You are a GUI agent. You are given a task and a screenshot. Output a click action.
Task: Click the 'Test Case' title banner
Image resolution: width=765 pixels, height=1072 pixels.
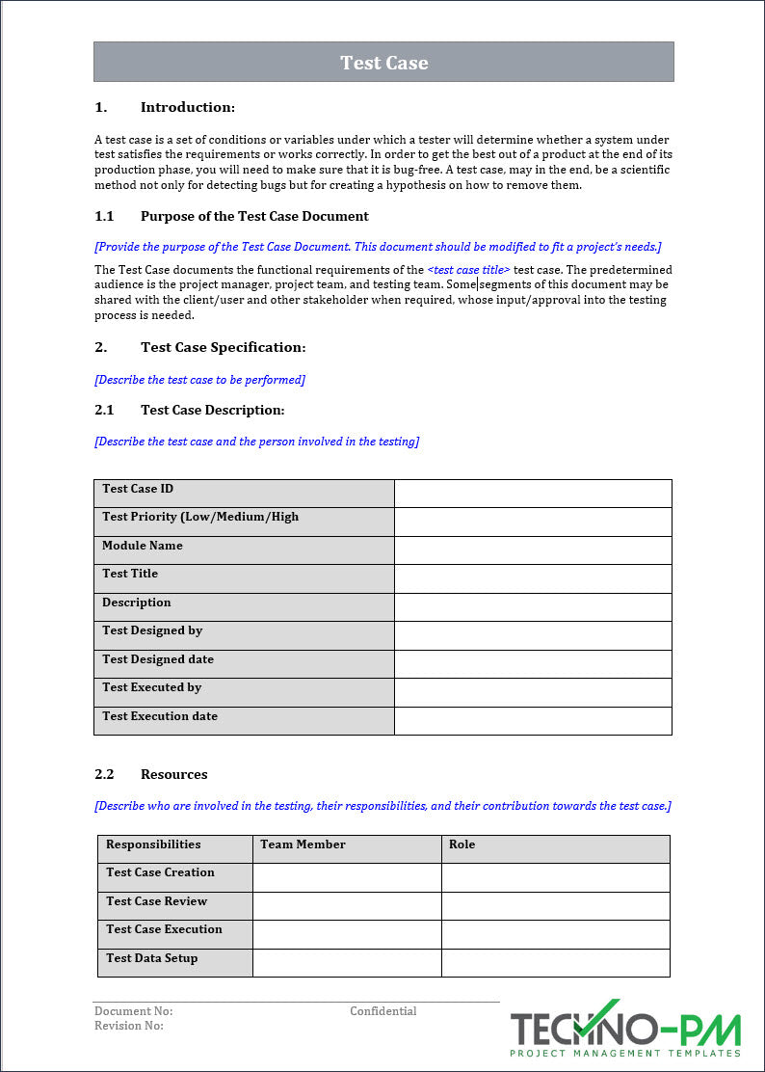tap(383, 63)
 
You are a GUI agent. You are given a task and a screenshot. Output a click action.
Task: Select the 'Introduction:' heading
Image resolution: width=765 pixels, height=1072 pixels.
tap(187, 107)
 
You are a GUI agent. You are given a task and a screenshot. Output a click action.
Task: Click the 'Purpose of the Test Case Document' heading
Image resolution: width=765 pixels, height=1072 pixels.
tap(254, 216)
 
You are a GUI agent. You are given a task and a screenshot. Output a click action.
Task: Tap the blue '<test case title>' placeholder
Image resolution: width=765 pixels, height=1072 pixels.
tap(468, 270)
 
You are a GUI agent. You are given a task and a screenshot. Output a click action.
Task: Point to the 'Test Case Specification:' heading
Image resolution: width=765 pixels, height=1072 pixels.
tap(223, 347)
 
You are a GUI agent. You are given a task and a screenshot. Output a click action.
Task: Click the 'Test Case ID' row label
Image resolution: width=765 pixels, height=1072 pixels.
tap(138, 489)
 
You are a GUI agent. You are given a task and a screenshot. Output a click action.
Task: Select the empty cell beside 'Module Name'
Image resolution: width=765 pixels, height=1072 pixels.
tap(533, 550)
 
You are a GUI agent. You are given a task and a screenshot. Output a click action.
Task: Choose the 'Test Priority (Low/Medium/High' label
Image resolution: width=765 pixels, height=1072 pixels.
tap(200, 517)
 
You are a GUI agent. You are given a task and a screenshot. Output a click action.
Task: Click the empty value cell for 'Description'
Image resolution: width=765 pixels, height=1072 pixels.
tap(533, 607)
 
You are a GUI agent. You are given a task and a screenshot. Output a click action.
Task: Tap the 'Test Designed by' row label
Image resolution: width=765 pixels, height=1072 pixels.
tap(152, 630)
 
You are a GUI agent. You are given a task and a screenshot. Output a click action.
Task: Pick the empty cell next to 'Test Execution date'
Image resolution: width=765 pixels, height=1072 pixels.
tap(533, 721)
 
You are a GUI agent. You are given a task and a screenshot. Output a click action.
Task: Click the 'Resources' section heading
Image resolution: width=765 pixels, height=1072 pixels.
tap(173, 774)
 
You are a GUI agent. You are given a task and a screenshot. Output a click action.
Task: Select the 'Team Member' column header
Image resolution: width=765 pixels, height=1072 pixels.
tap(303, 844)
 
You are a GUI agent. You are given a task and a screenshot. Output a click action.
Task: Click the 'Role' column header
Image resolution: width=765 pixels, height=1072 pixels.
tap(462, 844)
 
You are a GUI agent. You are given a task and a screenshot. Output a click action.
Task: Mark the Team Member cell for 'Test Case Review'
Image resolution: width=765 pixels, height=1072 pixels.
tap(347, 906)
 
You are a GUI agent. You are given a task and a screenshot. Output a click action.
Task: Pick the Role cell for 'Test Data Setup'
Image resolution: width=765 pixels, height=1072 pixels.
tap(555, 963)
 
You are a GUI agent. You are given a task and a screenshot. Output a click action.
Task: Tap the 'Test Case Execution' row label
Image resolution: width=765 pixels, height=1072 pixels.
tap(164, 929)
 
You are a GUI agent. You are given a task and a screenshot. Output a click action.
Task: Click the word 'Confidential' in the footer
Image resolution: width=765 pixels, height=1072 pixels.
tap(382, 1011)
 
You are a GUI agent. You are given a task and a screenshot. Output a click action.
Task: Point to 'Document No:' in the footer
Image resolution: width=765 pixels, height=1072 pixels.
tap(133, 1011)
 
